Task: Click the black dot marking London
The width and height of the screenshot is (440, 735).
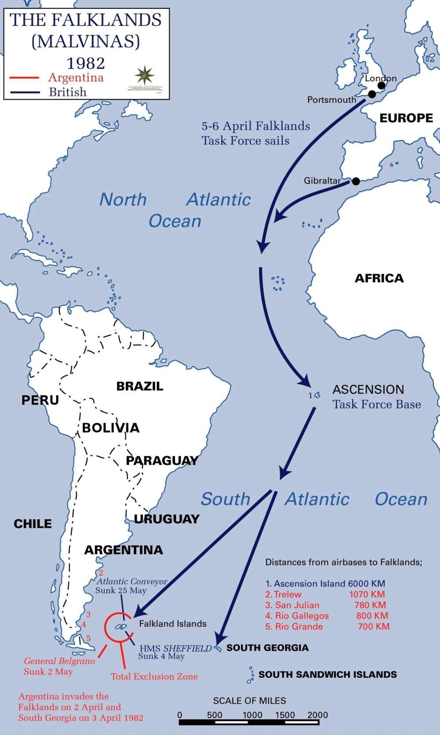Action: [381, 86]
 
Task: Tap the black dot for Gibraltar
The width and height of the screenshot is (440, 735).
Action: [356, 181]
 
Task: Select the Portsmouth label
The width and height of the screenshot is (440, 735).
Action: [331, 100]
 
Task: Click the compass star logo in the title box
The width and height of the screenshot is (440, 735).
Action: [145, 75]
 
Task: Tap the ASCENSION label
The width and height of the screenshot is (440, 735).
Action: [368, 389]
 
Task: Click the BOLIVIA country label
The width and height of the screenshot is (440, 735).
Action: [110, 427]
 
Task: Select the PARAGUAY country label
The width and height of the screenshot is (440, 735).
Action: [161, 460]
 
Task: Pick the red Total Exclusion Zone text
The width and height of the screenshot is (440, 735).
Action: [154, 677]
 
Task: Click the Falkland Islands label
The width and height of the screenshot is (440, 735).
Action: [172, 623]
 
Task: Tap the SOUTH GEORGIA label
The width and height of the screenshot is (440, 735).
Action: [267, 648]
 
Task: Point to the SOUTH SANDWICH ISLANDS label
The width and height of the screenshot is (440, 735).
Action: [327, 674]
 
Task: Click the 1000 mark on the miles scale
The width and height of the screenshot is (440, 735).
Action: [252, 715]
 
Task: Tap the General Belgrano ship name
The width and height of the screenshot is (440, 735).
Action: [59, 661]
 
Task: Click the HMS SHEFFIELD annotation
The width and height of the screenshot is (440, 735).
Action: [176, 648]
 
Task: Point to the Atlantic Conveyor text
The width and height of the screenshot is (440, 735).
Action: [132, 582]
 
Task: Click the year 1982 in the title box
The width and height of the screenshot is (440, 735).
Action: [86, 63]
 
